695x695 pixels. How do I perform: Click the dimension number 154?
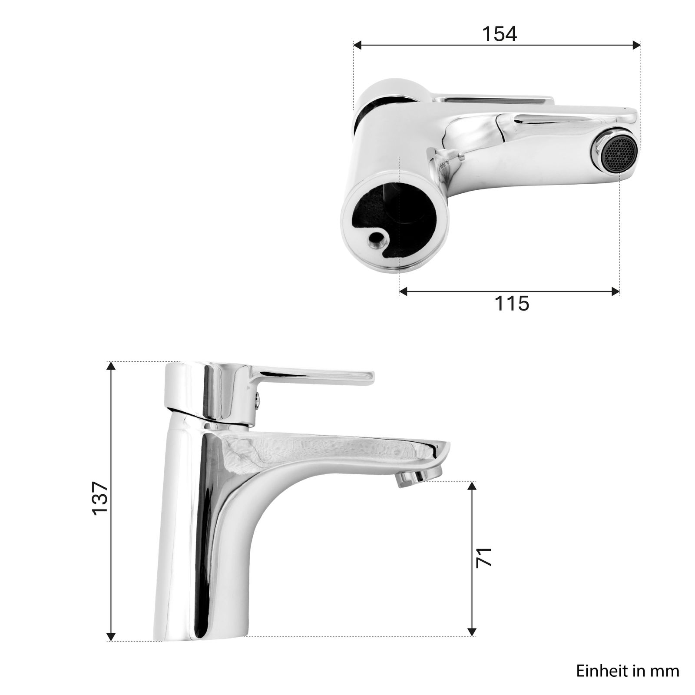(x=500, y=34)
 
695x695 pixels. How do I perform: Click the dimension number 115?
(x=512, y=303)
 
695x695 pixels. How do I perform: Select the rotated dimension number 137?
(x=100, y=498)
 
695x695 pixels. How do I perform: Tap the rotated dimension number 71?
(x=484, y=557)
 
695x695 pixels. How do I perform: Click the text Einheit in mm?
(x=628, y=671)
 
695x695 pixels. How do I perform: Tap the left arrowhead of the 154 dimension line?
(x=357, y=45)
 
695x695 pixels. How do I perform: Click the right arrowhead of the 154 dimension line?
(x=637, y=45)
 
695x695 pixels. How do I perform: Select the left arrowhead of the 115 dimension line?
(x=403, y=291)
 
